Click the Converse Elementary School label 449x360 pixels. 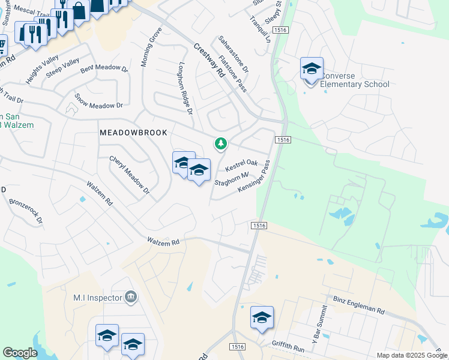click(354, 80)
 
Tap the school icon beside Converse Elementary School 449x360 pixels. click(312, 69)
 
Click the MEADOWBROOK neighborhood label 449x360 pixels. click(133, 132)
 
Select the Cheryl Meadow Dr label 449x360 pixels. click(129, 175)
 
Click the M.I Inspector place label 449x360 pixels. click(97, 298)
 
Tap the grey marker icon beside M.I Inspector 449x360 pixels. click(131, 297)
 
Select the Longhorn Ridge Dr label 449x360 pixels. click(185, 89)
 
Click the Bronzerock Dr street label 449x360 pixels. click(26, 208)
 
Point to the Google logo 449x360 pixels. click(20, 353)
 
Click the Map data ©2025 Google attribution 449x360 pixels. click(411, 355)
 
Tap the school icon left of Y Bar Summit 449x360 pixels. click(262, 317)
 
